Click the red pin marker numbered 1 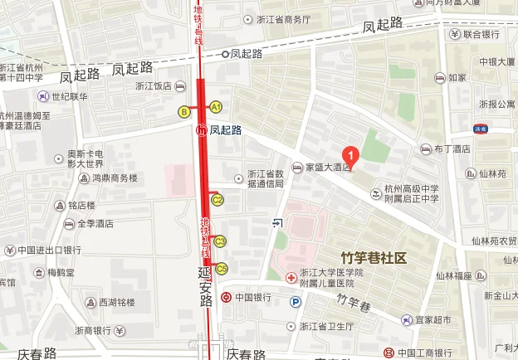click(351, 154)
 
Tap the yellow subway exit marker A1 click(215, 107)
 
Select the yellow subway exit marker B click(184, 111)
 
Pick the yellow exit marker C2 click(218, 199)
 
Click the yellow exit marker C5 click(221, 268)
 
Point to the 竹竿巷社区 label click(374, 258)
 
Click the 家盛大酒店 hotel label click(330, 166)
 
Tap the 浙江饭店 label click(154, 85)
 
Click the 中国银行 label click(253, 297)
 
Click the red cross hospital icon click(291, 280)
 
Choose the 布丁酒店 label click(452, 149)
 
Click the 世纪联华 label click(67, 97)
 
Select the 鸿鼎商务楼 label click(112, 178)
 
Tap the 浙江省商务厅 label click(282, 19)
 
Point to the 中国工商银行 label click(427, 351)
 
